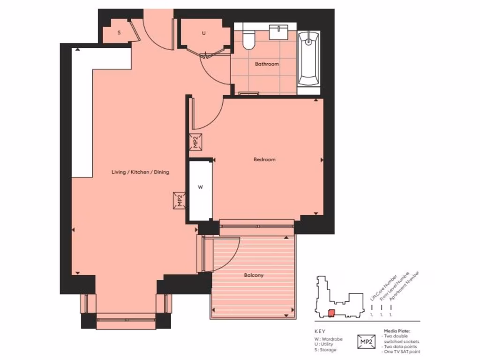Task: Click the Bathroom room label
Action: coord(267,64)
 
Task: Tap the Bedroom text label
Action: coord(264,159)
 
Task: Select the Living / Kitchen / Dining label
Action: coord(140,172)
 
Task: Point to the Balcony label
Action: coord(254,275)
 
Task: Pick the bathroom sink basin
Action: coord(281,32)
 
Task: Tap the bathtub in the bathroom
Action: coord(309,59)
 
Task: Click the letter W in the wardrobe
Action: coord(200,187)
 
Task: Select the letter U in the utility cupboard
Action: coord(203,33)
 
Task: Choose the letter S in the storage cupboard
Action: coord(119,33)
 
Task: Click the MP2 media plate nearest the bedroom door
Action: coord(196,142)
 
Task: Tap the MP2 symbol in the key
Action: coord(367,341)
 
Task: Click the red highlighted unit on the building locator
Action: coord(331,313)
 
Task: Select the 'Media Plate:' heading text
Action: coord(397,331)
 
